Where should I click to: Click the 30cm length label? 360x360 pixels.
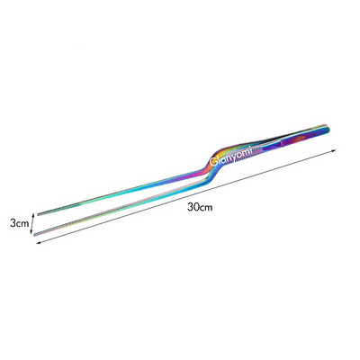click(200, 207)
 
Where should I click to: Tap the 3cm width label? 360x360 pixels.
click(20, 223)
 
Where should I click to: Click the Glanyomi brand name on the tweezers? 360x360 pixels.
click(231, 156)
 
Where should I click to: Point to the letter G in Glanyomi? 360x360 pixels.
click(213, 162)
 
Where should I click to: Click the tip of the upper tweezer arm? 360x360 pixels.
click(39, 214)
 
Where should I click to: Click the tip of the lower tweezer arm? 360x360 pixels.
click(35, 234)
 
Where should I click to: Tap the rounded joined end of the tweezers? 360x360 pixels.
click(328, 129)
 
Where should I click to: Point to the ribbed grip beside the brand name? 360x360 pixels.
click(257, 150)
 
